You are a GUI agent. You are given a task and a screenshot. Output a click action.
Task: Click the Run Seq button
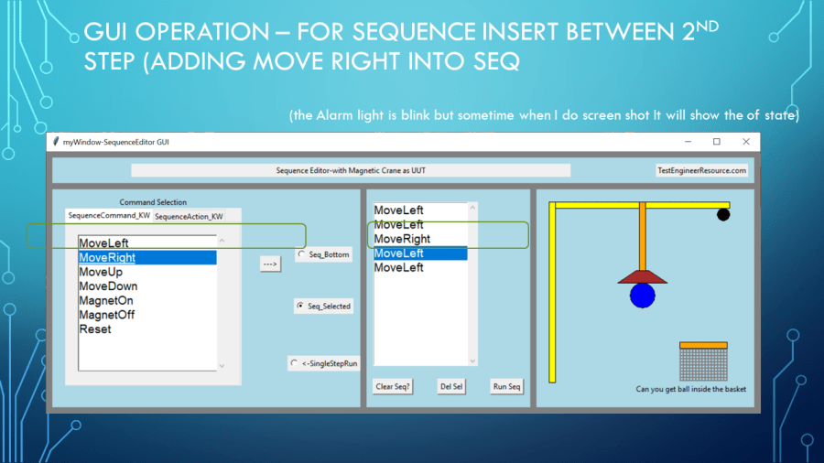tap(506, 387)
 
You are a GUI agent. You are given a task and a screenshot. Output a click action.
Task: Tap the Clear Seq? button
tap(393, 387)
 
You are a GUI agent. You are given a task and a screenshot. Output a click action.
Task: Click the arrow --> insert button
tap(270, 264)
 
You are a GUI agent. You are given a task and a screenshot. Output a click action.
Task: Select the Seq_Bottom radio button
tap(301, 254)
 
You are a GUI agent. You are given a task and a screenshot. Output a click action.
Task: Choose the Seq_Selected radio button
tap(300, 306)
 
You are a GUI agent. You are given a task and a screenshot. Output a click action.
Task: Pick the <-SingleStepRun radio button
tap(294, 362)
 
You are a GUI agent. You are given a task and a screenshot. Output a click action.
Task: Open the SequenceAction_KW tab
tap(189, 216)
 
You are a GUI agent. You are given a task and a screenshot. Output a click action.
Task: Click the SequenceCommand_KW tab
tap(109, 215)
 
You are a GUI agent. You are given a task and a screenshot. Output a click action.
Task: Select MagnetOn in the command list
tap(106, 301)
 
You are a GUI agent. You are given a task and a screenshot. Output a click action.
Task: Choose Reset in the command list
tap(95, 329)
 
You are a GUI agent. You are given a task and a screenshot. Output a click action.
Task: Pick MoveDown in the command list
tap(108, 286)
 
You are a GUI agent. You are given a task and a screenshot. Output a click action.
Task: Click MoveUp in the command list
tap(101, 272)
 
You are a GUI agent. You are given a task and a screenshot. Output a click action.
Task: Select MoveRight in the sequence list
tap(402, 239)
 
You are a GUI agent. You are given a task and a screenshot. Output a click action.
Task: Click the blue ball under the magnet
tap(642, 295)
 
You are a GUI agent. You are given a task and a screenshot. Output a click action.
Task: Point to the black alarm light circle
tap(723, 214)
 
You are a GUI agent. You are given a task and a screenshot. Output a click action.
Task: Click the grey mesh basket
tap(703, 364)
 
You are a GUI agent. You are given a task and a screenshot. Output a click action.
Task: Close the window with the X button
tap(745, 142)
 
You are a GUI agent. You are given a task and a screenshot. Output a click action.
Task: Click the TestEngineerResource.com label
tap(701, 170)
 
